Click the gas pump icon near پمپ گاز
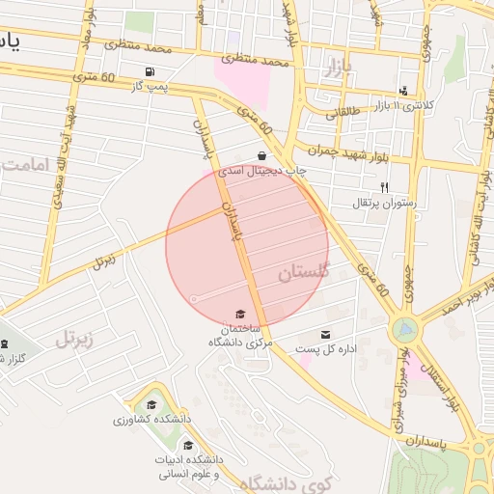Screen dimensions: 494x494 point(149,72)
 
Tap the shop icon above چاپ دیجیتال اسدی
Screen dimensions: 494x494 point(261,155)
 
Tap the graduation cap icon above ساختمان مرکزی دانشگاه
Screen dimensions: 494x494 point(240,315)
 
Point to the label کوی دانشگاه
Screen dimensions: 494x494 point(280,482)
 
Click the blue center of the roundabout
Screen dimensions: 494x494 point(407,329)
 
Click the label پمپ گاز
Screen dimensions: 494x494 point(151,88)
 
